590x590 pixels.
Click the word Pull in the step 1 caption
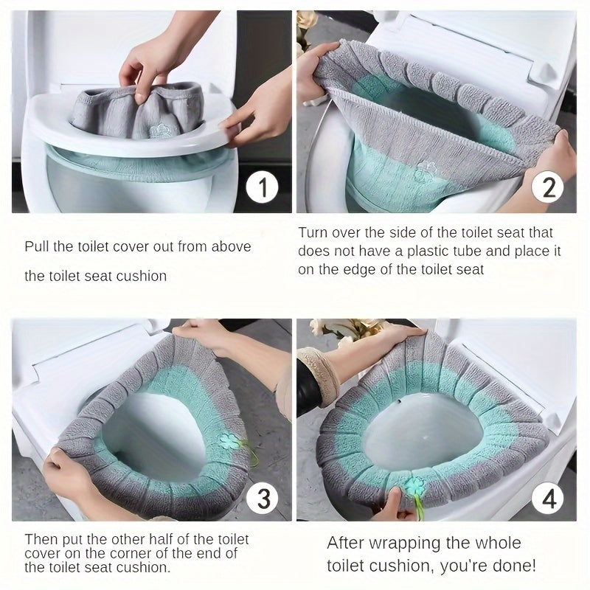pos(36,246)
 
